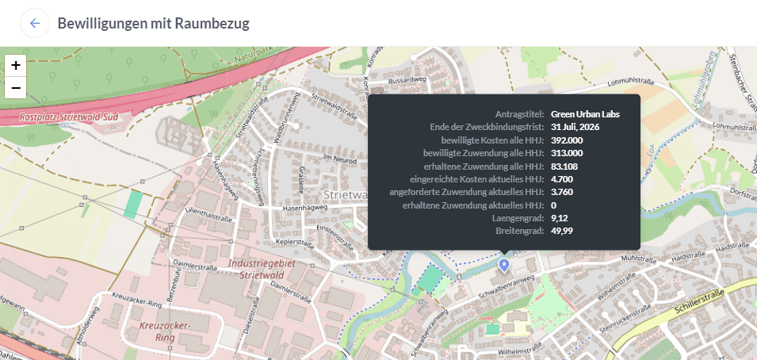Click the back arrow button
35,23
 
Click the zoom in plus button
16,65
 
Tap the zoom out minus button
16,87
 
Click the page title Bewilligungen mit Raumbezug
153,23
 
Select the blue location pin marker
504,264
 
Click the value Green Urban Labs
585,114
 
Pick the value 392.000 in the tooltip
567,140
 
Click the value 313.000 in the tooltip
567,153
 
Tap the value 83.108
564,166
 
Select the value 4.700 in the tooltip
562,179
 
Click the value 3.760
562,192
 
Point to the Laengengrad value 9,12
560,218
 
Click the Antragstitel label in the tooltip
519,114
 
